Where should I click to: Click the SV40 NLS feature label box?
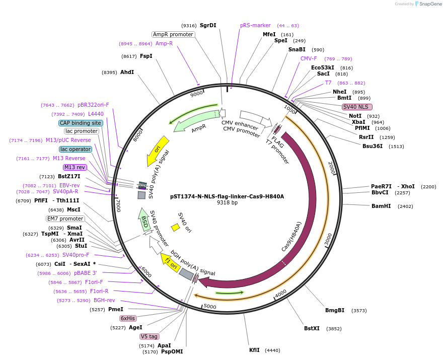point(357,107)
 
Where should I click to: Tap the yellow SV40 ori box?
point(176,228)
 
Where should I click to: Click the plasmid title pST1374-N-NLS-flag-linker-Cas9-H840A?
point(227,196)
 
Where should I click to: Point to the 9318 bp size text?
point(227,203)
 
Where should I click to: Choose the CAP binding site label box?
point(81,123)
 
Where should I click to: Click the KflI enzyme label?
point(254,350)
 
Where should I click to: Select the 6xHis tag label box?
point(127,318)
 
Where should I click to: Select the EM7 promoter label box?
point(65,219)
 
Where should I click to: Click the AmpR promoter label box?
point(173,34)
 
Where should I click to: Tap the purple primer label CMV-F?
point(309,58)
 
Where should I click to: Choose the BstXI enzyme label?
point(312,328)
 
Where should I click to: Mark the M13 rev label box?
point(75,167)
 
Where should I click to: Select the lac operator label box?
point(76,149)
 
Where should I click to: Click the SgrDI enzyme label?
point(208,25)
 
